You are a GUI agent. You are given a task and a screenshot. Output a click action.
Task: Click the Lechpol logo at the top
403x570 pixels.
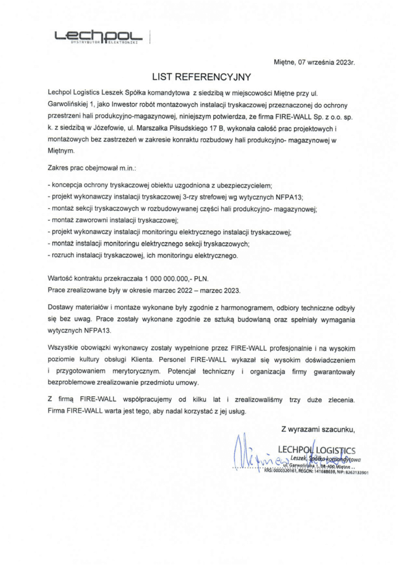tap(99, 37)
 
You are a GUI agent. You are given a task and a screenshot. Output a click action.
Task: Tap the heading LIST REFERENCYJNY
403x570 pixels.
tap(202, 76)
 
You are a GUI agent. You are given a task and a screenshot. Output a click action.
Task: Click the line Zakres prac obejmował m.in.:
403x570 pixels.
tap(92, 167)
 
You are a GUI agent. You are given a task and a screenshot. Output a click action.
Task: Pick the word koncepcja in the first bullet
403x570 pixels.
tap(68, 184)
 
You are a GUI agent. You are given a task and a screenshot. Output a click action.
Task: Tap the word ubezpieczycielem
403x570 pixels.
tap(243, 184)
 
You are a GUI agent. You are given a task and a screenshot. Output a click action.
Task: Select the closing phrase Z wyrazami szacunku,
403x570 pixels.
tap(318, 429)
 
